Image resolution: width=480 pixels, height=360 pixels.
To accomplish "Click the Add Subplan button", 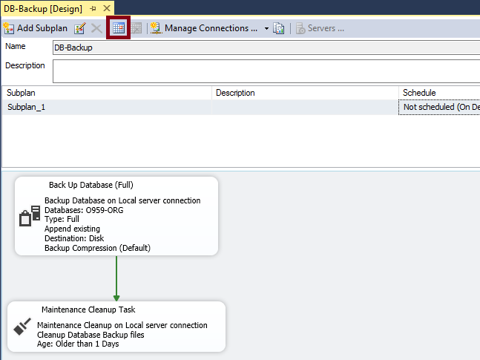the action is pos(36,28).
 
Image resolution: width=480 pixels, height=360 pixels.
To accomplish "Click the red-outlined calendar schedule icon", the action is pos(119,28).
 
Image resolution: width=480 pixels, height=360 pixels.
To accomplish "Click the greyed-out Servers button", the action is pos(320,28).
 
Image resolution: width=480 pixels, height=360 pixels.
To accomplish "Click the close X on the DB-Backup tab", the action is pos(107,8).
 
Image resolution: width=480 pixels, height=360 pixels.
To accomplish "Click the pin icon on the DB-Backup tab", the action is pos(93,8).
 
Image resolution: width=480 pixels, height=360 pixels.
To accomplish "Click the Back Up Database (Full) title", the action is pos(91,185).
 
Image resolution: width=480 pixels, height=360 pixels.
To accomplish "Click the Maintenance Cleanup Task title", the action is pos(88,310).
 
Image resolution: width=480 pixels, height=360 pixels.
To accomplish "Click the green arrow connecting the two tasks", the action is pos(116,278).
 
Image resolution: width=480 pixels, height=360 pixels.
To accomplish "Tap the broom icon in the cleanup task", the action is pos(22,327).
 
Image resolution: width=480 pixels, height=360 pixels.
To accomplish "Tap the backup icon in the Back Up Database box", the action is pos(28,216).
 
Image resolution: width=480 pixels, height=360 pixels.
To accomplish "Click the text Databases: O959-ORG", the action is pos(84,210).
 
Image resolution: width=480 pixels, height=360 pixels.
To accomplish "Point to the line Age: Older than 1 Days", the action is pos(78,344).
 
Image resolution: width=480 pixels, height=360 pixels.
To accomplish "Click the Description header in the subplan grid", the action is pos(235,93).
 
